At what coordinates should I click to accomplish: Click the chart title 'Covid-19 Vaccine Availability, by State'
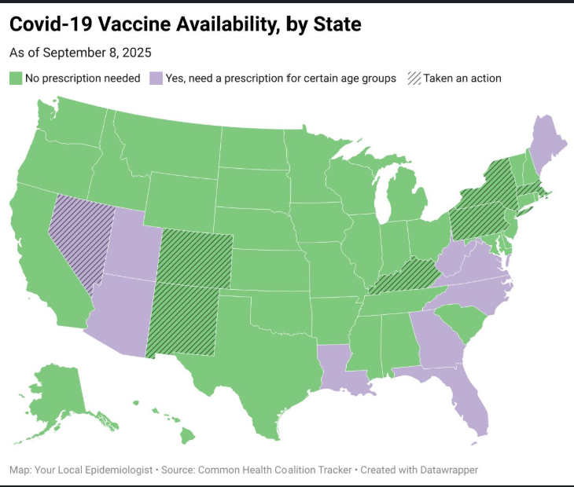click(x=185, y=25)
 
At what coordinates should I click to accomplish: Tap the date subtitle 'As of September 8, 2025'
click(x=80, y=53)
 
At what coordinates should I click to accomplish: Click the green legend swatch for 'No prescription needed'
click(x=16, y=79)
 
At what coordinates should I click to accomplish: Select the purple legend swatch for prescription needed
click(x=156, y=79)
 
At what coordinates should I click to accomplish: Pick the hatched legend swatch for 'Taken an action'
click(x=414, y=79)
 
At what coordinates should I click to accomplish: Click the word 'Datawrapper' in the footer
click(x=443, y=470)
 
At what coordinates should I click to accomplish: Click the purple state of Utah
click(x=134, y=243)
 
